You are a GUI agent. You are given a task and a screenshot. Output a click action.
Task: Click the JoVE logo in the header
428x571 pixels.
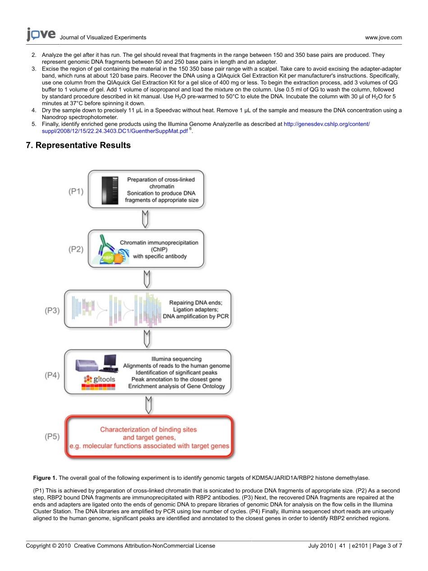[x=41, y=35]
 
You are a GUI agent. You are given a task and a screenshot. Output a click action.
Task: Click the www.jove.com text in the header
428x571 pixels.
[x=383, y=38]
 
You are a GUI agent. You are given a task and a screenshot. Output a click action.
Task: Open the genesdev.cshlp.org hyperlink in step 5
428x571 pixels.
[x=327, y=124]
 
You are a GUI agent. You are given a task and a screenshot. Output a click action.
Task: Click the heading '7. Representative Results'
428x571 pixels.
[x=78, y=145]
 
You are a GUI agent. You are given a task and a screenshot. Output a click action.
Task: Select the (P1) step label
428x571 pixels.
[x=76, y=191]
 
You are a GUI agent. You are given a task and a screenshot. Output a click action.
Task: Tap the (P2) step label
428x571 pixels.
[x=76, y=249]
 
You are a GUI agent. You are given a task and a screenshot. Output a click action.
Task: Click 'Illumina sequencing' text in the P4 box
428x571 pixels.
[x=176, y=359]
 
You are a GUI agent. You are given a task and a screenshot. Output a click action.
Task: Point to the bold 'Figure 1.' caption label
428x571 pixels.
[x=45, y=478]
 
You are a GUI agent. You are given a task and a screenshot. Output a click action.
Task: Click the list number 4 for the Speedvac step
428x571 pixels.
[x=34, y=111]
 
